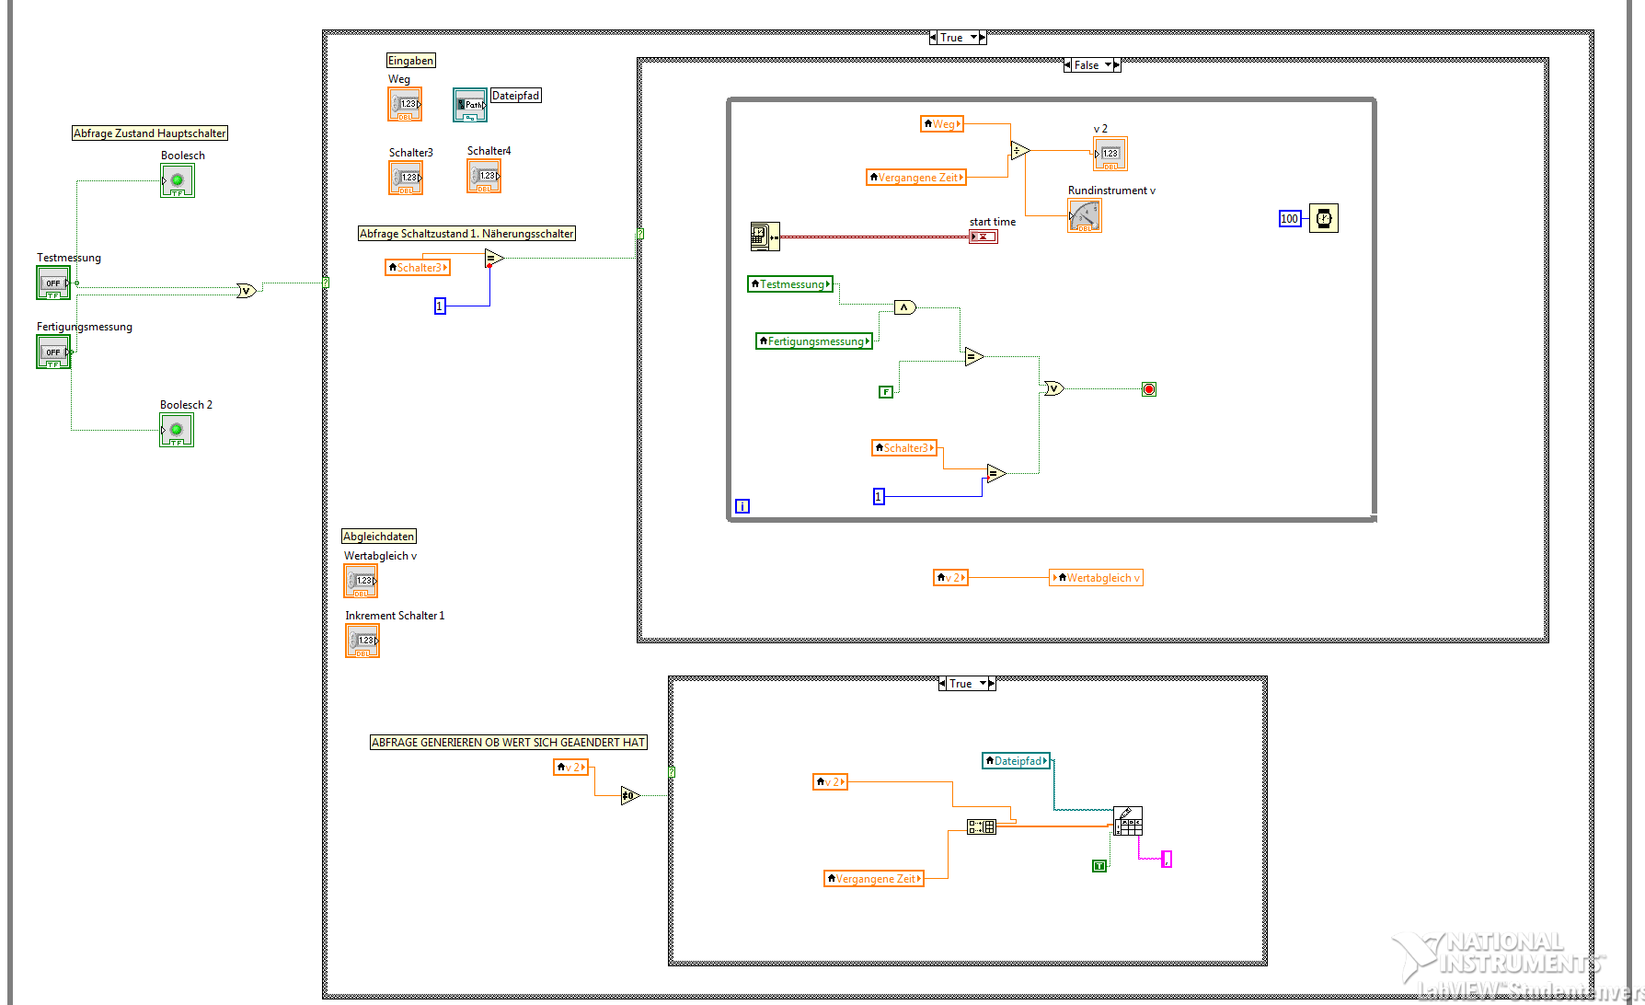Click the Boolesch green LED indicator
178,180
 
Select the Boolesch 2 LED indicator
177,430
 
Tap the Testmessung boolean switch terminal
53,283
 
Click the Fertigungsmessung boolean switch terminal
53,352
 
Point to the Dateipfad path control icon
469,105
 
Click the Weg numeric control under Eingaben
405,104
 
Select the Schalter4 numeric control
484,176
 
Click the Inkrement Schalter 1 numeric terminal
362,641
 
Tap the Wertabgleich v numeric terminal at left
361,581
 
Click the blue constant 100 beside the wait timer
1290,219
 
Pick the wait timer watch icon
1323,219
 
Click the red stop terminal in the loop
1149,389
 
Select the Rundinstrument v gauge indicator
1084,216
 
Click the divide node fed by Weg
1019,150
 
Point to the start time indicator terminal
983,237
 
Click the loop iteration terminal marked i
742,506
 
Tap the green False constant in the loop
886,392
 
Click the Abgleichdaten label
379,537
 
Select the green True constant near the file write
1099,866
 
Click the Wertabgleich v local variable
1097,578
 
